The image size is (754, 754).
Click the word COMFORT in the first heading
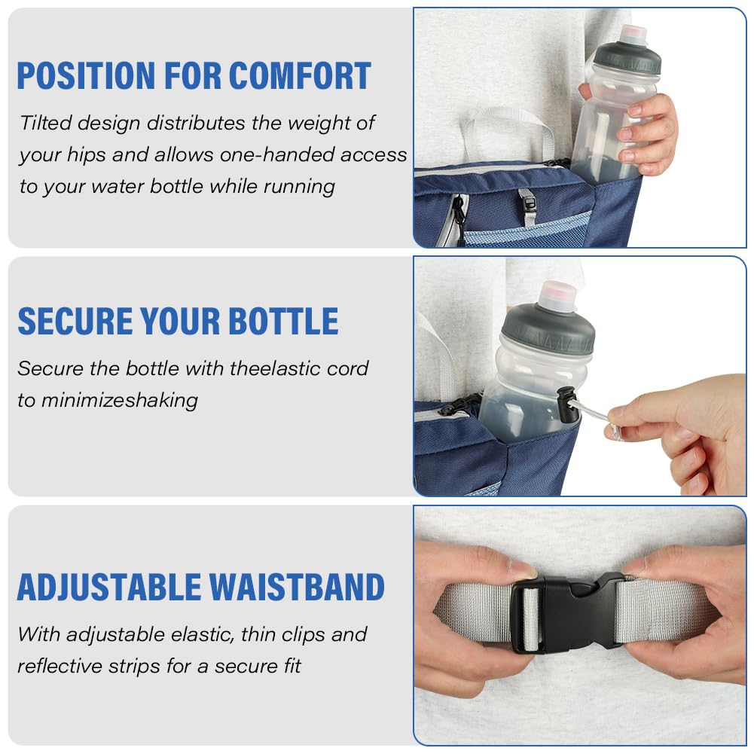pyautogui.click(x=300, y=75)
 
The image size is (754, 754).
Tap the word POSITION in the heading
pyautogui.click(x=86, y=75)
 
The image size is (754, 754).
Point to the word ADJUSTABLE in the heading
pyautogui.click(x=109, y=587)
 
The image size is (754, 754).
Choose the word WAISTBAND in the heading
pyautogui.click(x=298, y=587)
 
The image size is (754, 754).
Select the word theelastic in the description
pyautogui.click(x=275, y=368)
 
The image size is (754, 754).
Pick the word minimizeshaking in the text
pyautogui.click(x=120, y=401)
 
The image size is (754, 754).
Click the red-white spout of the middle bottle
pyautogui.click(x=558, y=295)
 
